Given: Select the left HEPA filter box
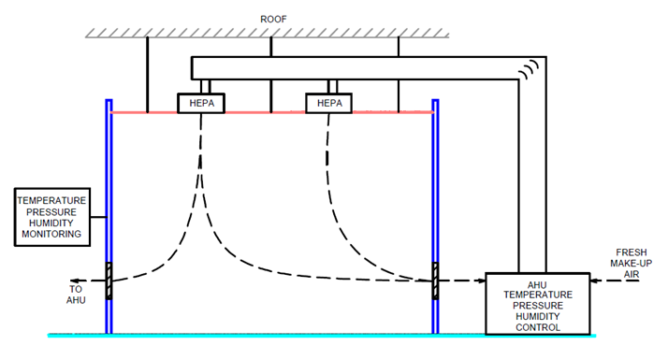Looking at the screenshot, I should click(202, 103).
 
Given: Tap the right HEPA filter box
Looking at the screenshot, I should click(329, 103).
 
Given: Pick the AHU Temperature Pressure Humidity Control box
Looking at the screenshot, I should click(537, 303).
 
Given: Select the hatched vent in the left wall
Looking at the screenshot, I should click(109, 280).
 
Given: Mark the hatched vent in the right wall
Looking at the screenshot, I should click(436, 280).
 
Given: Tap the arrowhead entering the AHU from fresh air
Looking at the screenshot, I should click(595, 280).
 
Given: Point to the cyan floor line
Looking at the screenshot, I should click(281, 334).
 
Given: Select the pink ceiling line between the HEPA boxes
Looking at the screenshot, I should click(266, 112).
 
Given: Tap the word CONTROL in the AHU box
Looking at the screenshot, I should click(537, 327).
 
